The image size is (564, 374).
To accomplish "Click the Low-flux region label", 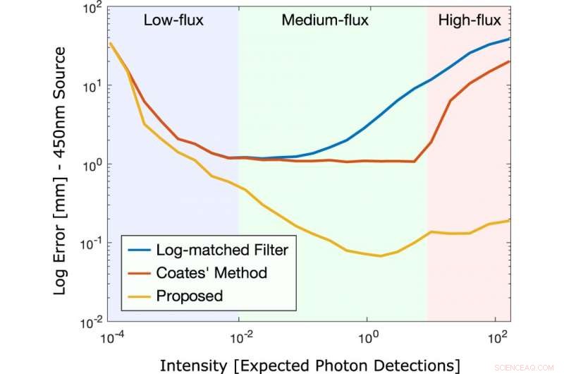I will click(x=173, y=20).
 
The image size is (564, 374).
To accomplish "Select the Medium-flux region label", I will click(x=325, y=20).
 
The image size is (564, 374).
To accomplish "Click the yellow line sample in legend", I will click(x=141, y=296).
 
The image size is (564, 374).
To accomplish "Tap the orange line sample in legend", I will click(x=141, y=272).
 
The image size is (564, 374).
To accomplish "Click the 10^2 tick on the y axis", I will click(x=92, y=9).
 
